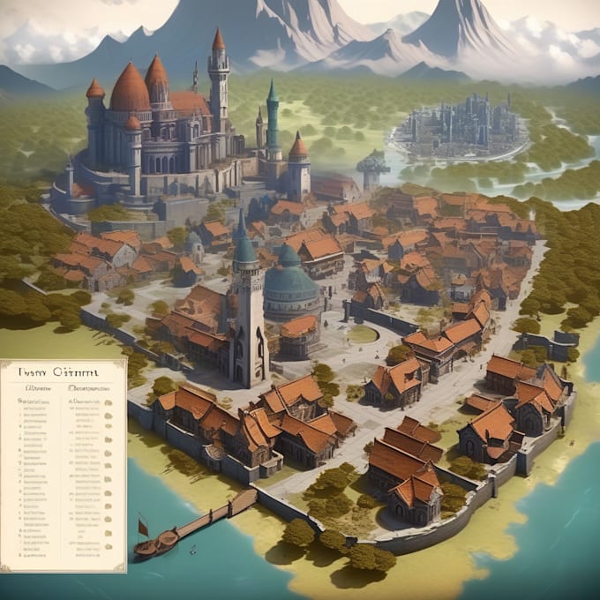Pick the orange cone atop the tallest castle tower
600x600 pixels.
tap(218, 40)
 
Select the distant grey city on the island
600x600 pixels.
tap(459, 132)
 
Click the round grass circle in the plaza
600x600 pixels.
tap(362, 334)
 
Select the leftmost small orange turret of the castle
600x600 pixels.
tap(94, 90)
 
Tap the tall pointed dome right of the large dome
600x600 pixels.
tap(157, 72)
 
